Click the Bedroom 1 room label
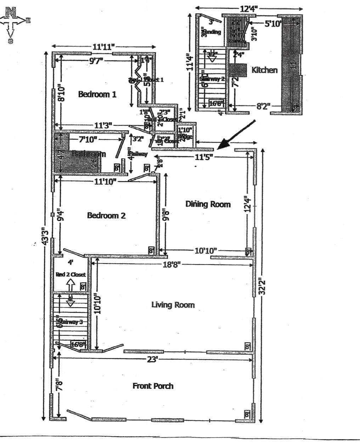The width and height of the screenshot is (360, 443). [x=97, y=94]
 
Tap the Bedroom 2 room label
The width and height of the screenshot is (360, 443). [x=106, y=215]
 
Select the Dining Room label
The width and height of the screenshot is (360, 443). [x=208, y=204]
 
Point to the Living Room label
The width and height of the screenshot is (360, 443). [x=173, y=305]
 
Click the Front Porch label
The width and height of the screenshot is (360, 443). [x=153, y=386]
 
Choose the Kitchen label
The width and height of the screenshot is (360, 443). [x=265, y=70]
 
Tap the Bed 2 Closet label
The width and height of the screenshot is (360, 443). [x=71, y=274]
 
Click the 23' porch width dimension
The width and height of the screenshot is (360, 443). [x=152, y=359]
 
